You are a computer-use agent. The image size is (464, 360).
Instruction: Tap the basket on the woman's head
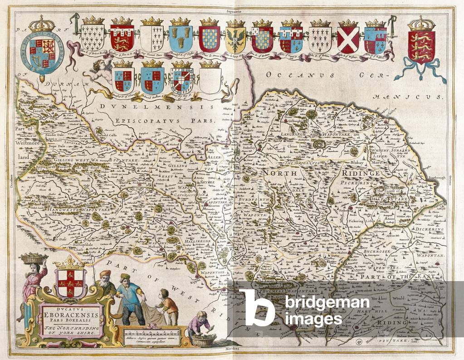pos(33,259)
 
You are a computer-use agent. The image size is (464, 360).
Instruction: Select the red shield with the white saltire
pos(348,39)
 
